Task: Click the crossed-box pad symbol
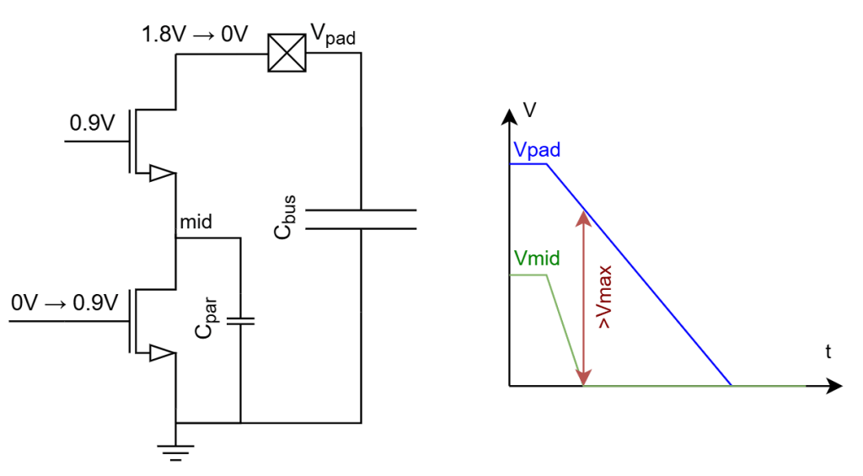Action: tap(287, 53)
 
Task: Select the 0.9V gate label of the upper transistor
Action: tap(93, 124)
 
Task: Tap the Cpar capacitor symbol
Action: tap(240, 320)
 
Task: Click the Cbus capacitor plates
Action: tap(361, 219)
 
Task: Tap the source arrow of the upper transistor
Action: tap(160, 174)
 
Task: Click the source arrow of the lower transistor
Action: tap(160, 353)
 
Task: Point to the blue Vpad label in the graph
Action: tap(537, 148)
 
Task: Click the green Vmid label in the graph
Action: tap(536, 258)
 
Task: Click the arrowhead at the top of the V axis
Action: tap(509, 115)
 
